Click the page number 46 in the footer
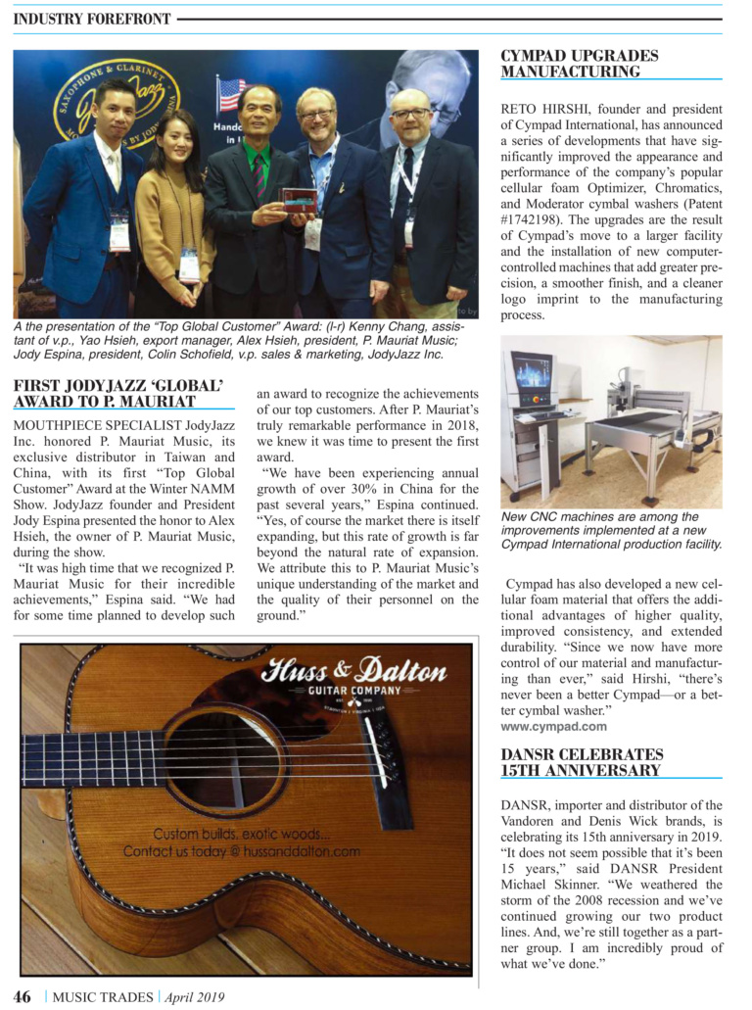pyautogui.click(x=22, y=996)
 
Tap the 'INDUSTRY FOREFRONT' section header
pyautogui.click(x=92, y=19)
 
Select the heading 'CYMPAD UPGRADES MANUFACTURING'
pyautogui.click(x=580, y=64)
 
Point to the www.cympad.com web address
pyautogui.click(x=553, y=726)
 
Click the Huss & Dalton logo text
pyautogui.click(x=353, y=672)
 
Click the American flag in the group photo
pyautogui.click(x=232, y=95)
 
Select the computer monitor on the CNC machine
pyautogui.click(x=530, y=377)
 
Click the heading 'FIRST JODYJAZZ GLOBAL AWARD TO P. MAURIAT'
pyautogui.click(x=122, y=393)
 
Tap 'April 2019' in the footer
pyautogui.click(x=194, y=997)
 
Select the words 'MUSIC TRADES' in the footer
pyautogui.click(x=102, y=997)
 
